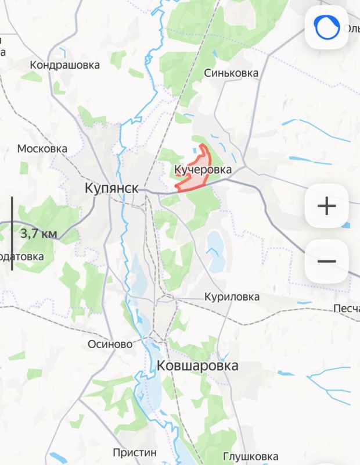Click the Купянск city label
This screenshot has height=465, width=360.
[111, 188]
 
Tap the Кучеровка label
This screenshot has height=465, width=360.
[203, 170]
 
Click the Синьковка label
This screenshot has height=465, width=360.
[231, 73]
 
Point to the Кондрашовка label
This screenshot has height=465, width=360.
[65, 65]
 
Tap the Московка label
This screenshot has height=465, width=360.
[42, 149]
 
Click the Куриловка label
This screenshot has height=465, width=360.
[232, 297]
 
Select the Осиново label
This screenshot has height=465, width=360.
[110, 344]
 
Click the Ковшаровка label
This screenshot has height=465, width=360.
[197, 366]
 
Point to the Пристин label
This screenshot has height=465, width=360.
[135, 452]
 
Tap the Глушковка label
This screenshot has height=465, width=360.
[250, 457]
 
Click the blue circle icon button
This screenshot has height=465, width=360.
[326, 28]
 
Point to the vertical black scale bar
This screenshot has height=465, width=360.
[12, 233]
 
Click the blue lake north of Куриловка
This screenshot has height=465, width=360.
[215, 250]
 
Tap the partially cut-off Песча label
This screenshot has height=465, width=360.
[346, 308]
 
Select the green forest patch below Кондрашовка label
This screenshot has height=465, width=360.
[59, 87]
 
